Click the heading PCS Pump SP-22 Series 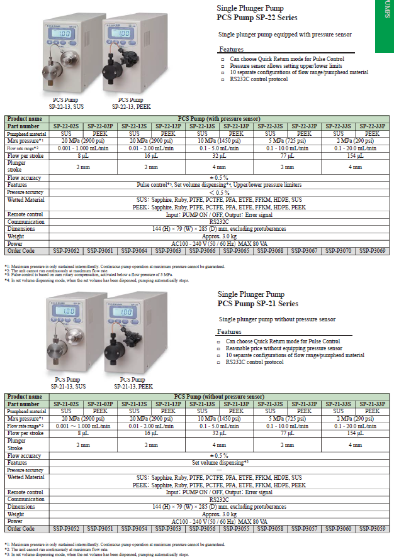257,18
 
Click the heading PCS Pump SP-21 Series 257,304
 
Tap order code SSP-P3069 372,250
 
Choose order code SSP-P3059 372,529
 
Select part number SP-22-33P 372,126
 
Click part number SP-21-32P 304,404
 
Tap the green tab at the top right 385,25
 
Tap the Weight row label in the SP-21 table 16,514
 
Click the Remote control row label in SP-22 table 25,214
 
